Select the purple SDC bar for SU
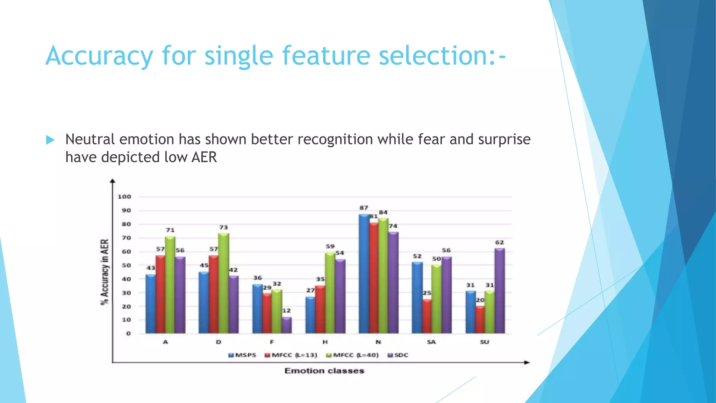(x=499, y=291)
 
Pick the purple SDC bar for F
(x=286, y=325)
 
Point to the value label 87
(x=364, y=208)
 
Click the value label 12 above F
(x=286, y=311)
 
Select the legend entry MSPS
(x=242, y=355)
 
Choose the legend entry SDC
(x=398, y=355)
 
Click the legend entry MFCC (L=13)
(x=291, y=355)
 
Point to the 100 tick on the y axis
(x=124, y=197)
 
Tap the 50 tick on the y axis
(x=126, y=265)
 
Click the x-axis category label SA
(x=431, y=342)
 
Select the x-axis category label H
(x=325, y=342)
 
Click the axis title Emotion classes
(x=324, y=371)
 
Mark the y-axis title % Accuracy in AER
(x=105, y=272)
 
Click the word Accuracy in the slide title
(x=99, y=56)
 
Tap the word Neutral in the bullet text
(x=90, y=140)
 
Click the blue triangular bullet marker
(x=50, y=140)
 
